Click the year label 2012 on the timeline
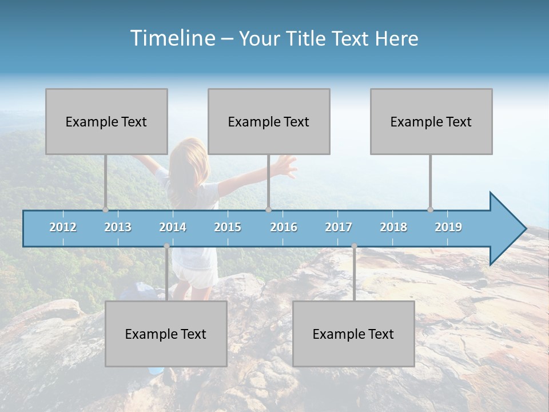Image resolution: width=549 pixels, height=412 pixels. [x=63, y=227]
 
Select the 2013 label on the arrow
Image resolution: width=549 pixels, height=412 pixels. [x=118, y=227]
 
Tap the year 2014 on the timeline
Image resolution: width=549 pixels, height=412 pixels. [x=173, y=227]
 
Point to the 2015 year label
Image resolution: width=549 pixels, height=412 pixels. [x=228, y=227]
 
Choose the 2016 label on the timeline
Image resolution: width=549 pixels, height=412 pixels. [x=284, y=227]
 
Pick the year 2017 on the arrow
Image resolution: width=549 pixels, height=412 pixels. [x=339, y=227]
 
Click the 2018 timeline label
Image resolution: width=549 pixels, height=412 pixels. [x=393, y=227]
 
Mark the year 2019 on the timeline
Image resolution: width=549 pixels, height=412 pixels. [x=448, y=227]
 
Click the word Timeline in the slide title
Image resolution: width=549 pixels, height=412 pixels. [x=172, y=38]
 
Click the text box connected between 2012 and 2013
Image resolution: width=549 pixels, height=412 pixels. [x=106, y=121]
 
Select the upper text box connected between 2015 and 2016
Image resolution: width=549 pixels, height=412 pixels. [x=269, y=121]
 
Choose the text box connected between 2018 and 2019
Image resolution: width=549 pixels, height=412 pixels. [x=431, y=121]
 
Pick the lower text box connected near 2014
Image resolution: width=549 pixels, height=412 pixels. [x=166, y=334]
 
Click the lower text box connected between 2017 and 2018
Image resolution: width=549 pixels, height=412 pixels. [x=353, y=334]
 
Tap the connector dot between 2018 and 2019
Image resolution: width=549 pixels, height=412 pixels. [x=430, y=209]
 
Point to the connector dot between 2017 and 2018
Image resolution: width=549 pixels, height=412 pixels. [x=354, y=246]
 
